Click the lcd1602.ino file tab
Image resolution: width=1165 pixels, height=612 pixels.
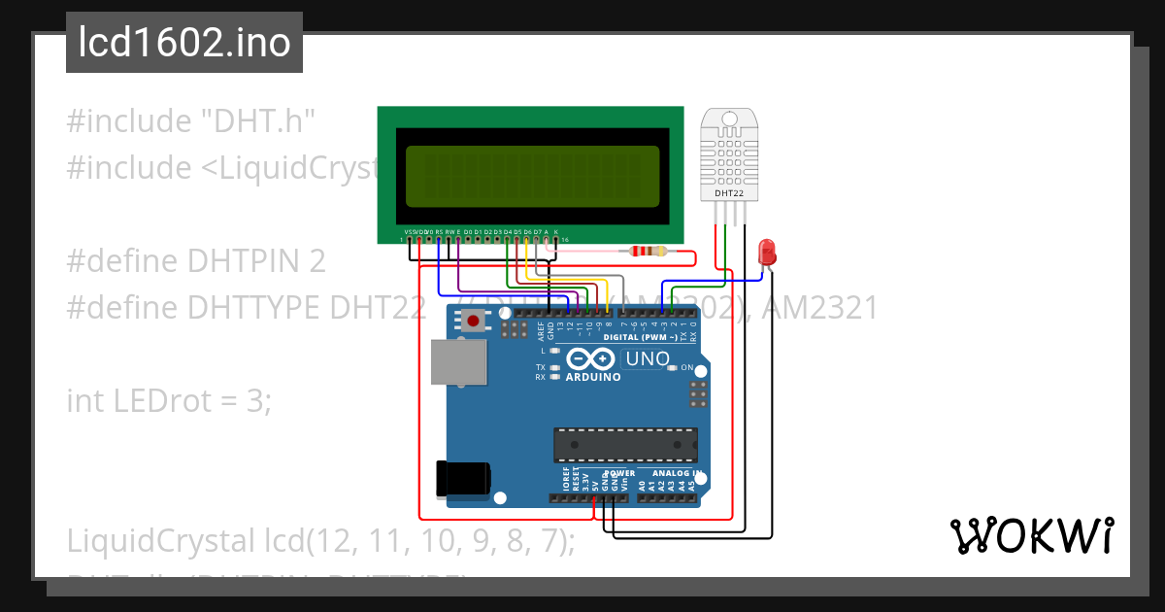[184, 43]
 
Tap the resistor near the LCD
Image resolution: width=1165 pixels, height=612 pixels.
[649, 252]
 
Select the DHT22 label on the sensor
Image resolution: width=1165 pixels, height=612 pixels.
[730, 193]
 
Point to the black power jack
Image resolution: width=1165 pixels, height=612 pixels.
[463, 479]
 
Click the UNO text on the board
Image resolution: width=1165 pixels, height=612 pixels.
[648, 358]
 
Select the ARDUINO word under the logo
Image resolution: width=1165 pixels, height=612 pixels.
[592, 377]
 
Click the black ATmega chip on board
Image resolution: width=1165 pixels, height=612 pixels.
[625, 444]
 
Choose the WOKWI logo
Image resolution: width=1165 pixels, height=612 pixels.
[1031, 535]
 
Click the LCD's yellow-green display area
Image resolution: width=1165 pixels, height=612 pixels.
[532, 176]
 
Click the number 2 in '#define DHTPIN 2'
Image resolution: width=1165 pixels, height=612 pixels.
[317, 261]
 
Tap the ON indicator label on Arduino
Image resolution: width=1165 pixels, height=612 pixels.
[686, 368]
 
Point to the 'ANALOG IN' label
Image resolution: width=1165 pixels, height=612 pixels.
[676, 473]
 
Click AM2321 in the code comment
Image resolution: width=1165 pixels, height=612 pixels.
[820, 308]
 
